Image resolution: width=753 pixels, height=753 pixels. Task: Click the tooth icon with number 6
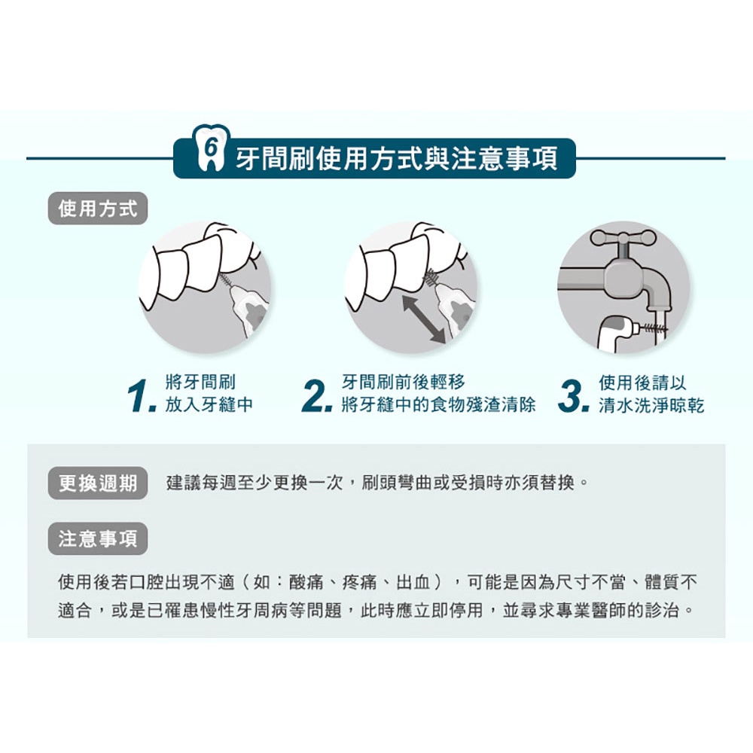point(210,148)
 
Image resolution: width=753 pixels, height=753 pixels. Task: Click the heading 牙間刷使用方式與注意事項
point(397,158)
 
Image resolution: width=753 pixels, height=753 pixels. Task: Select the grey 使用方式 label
point(97,209)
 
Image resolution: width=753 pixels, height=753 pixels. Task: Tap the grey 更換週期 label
point(97,483)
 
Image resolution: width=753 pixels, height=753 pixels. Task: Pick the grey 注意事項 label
point(97,539)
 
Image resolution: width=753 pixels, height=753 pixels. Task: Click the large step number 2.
point(316,396)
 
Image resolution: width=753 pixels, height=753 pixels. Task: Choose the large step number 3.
point(573,396)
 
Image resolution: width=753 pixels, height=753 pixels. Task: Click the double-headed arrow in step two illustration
point(424,319)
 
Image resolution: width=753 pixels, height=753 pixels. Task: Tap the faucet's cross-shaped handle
point(623,237)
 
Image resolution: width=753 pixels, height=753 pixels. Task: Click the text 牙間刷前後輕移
point(404,383)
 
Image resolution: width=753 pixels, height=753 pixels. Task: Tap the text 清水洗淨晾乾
point(651,406)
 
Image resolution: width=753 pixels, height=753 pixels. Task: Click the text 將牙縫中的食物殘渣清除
point(438,405)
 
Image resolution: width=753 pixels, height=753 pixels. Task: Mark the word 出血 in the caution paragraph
point(413,583)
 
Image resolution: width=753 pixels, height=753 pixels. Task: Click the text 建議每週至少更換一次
point(254,483)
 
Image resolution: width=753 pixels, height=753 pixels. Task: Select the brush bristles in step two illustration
point(432,278)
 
